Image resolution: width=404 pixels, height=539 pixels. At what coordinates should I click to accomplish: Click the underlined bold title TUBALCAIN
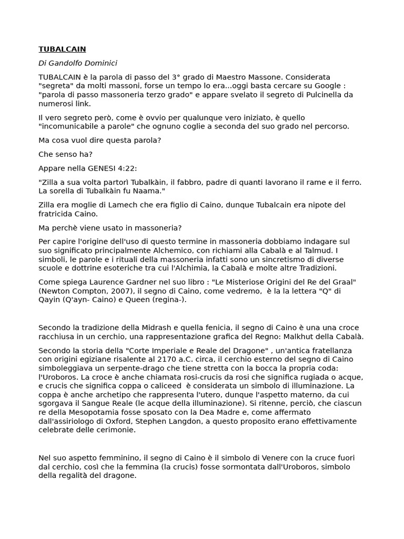[62, 49]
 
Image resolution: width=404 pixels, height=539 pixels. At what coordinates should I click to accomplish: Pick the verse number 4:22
[127, 168]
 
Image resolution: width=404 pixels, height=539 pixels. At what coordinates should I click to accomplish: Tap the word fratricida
[58, 214]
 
